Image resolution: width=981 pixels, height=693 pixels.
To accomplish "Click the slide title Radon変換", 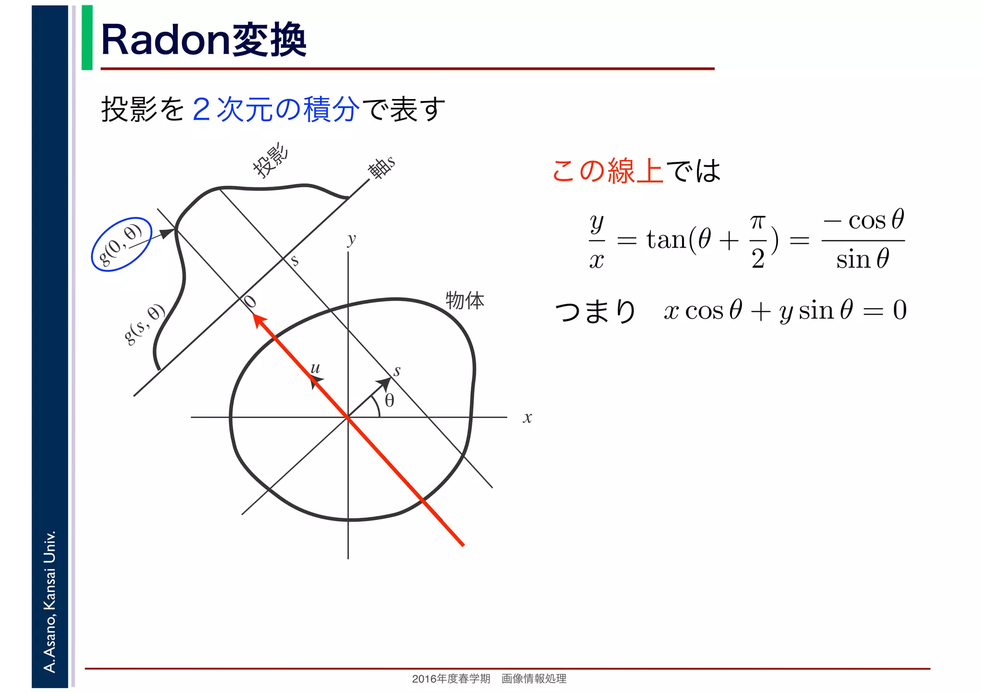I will coord(204,40).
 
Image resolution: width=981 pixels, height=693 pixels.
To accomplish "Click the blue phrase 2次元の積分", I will coord(275,109).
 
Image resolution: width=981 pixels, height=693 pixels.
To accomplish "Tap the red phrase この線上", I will coord(607,170).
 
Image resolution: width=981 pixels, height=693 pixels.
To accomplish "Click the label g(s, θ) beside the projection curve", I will coord(144,324).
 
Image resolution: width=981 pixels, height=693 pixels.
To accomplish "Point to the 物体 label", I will coord(465,301).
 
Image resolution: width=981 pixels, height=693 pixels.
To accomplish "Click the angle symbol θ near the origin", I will coord(389,400).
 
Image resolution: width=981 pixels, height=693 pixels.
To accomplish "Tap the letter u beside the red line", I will coord(315,368).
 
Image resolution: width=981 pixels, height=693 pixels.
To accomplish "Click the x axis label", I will coord(527,418).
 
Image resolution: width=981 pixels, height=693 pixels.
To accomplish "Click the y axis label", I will coord(352,239).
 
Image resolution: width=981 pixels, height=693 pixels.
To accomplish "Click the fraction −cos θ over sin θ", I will coord(863,239).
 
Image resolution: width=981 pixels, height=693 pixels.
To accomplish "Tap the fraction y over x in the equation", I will coord(596,241).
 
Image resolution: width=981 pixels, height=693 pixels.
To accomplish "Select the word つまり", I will coord(595,311).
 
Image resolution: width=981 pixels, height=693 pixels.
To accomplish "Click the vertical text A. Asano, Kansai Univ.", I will coord(50,601).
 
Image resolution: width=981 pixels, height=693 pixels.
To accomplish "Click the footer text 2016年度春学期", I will coord(451,679).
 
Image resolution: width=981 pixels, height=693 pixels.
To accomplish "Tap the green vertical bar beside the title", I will coord(87,38).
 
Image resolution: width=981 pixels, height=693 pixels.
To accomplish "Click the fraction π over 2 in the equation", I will coord(757,241).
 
